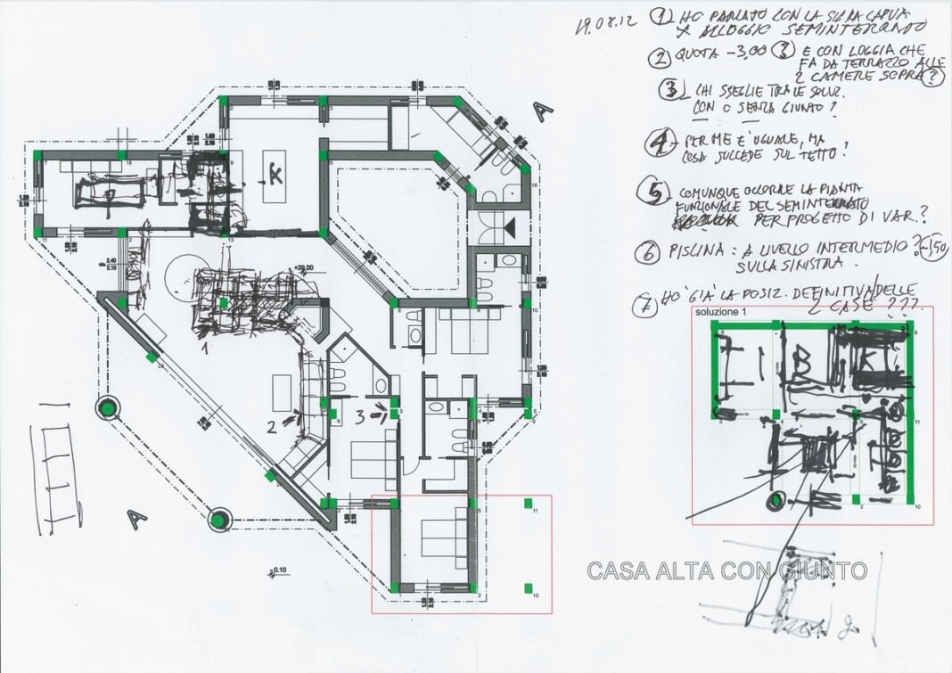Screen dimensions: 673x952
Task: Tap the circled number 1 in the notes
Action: click(x=661, y=16)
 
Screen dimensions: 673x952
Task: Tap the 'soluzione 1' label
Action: click(x=720, y=313)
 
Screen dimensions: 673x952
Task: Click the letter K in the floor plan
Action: click(x=275, y=175)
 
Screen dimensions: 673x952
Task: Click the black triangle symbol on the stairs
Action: click(x=511, y=229)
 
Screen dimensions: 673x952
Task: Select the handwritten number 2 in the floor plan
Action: click(x=271, y=425)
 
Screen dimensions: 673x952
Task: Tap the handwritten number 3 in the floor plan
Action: click(x=359, y=414)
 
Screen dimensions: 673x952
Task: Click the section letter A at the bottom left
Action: click(x=136, y=516)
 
